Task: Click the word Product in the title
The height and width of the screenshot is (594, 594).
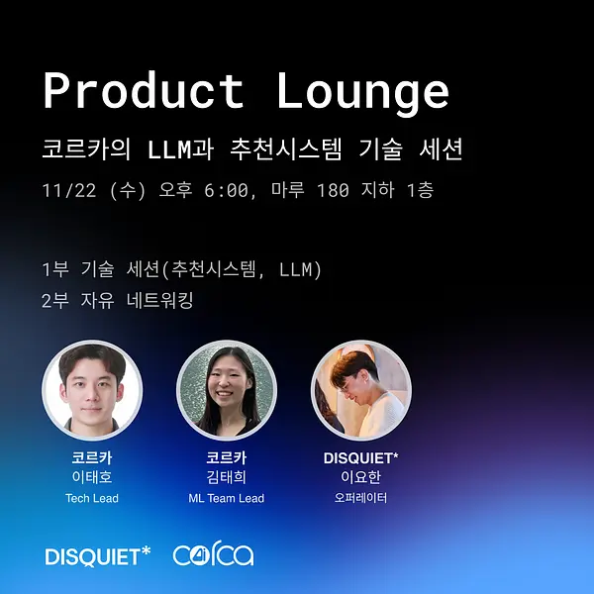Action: [x=144, y=91]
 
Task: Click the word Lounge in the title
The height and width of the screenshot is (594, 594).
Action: [x=363, y=94]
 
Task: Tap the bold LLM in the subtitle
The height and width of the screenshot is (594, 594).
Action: [x=169, y=148]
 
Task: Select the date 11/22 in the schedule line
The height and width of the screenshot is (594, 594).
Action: [x=69, y=190]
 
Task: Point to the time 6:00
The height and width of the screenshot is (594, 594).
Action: [x=226, y=190]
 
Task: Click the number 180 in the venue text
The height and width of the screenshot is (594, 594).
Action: [x=333, y=190]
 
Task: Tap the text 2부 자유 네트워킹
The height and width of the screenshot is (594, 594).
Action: [x=118, y=300]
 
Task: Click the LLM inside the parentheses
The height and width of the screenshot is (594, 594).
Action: [x=295, y=269]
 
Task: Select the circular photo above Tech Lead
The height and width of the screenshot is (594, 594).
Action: [x=92, y=390]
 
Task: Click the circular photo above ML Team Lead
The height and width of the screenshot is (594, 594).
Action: [x=227, y=390]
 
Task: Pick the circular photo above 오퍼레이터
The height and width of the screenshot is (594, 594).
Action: [x=361, y=390]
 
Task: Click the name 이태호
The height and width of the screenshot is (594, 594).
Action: [x=92, y=477]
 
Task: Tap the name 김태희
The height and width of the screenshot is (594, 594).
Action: [x=227, y=477]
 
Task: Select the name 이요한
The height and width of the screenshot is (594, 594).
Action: [x=361, y=477]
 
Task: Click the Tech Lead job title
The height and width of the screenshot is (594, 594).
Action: [x=92, y=498]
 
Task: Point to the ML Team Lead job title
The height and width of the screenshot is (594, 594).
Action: [x=227, y=498]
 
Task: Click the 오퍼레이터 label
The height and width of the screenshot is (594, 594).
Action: [x=361, y=497]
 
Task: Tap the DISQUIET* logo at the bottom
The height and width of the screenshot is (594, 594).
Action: [x=98, y=556]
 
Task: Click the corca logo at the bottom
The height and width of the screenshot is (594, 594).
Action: [x=213, y=555]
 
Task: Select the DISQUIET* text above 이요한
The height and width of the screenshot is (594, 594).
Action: [x=361, y=458]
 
